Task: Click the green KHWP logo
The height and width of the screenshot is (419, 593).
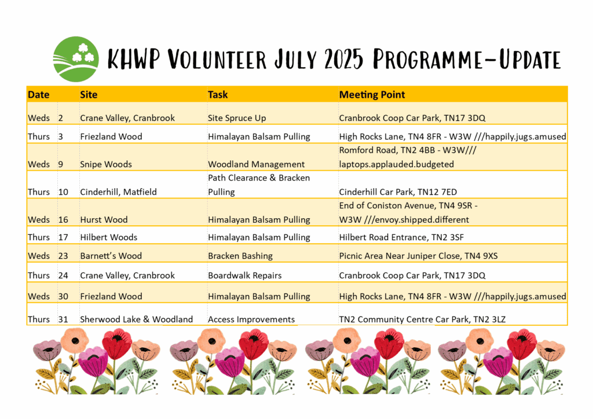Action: point(76,59)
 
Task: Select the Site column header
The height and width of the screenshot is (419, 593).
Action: point(89,94)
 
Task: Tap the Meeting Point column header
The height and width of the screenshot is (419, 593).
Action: point(372,94)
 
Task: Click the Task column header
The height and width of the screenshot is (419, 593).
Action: point(218,94)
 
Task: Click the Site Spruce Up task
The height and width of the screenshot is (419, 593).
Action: point(237,118)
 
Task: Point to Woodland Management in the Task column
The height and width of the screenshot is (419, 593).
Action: point(256,164)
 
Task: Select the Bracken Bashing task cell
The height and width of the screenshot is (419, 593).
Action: point(240,256)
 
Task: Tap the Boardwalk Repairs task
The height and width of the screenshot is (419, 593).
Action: point(244,275)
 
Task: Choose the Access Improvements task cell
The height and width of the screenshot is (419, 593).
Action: point(251,319)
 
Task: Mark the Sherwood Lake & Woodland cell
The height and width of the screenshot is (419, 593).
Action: point(136,319)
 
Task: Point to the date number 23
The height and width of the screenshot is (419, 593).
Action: point(63,256)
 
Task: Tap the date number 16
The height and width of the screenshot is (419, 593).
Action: point(63,220)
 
